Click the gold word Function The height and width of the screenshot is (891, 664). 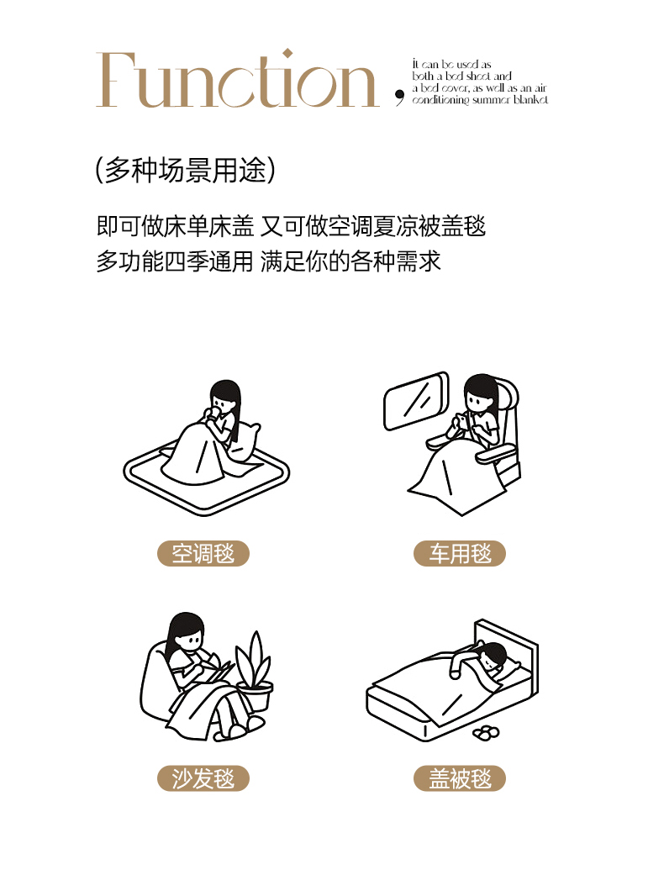[x=237, y=79]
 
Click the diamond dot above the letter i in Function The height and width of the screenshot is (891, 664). [x=288, y=54]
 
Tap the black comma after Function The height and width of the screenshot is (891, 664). [x=399, y=98]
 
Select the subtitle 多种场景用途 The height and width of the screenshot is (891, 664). [x=186, y=170]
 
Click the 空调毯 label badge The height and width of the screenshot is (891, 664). [x=203, y=553]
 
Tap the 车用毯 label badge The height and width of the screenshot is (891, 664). [x=460, y=553]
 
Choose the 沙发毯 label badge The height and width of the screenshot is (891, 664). [x=203, y=778]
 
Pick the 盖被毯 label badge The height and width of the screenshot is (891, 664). [x=460, y=778]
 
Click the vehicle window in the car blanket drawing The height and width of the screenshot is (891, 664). [x=416, y=400]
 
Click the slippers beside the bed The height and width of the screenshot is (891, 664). [x=486, y=733]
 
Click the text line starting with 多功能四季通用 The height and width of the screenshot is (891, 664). [x=269, y=261]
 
